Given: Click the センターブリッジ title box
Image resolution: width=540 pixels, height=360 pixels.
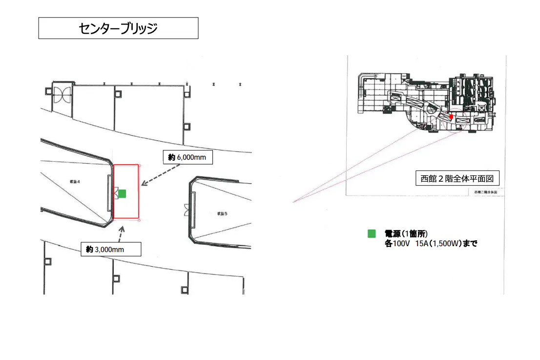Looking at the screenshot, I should point(118,28).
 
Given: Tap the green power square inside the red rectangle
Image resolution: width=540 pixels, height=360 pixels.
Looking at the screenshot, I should point(122,193).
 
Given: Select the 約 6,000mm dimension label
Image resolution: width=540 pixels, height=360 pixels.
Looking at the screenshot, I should point(187,157).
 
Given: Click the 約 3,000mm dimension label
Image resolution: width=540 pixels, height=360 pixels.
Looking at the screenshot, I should point(111,249).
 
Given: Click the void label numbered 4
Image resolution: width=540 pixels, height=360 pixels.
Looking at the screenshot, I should point(75,181).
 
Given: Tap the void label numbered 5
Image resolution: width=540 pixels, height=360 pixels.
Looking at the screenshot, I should point(222,213).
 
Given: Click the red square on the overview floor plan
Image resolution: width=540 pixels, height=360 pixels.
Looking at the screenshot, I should point(451,117).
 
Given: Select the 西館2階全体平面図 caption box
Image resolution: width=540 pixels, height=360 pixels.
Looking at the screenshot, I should point(457,178).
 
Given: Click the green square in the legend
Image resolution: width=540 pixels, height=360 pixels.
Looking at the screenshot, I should point(372,234).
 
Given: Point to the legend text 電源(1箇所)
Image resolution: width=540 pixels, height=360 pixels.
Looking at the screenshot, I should point(406,234).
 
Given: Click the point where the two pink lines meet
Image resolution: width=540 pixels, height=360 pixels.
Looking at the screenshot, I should point(293,201).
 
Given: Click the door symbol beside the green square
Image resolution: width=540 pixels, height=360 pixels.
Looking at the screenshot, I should point(115,194).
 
